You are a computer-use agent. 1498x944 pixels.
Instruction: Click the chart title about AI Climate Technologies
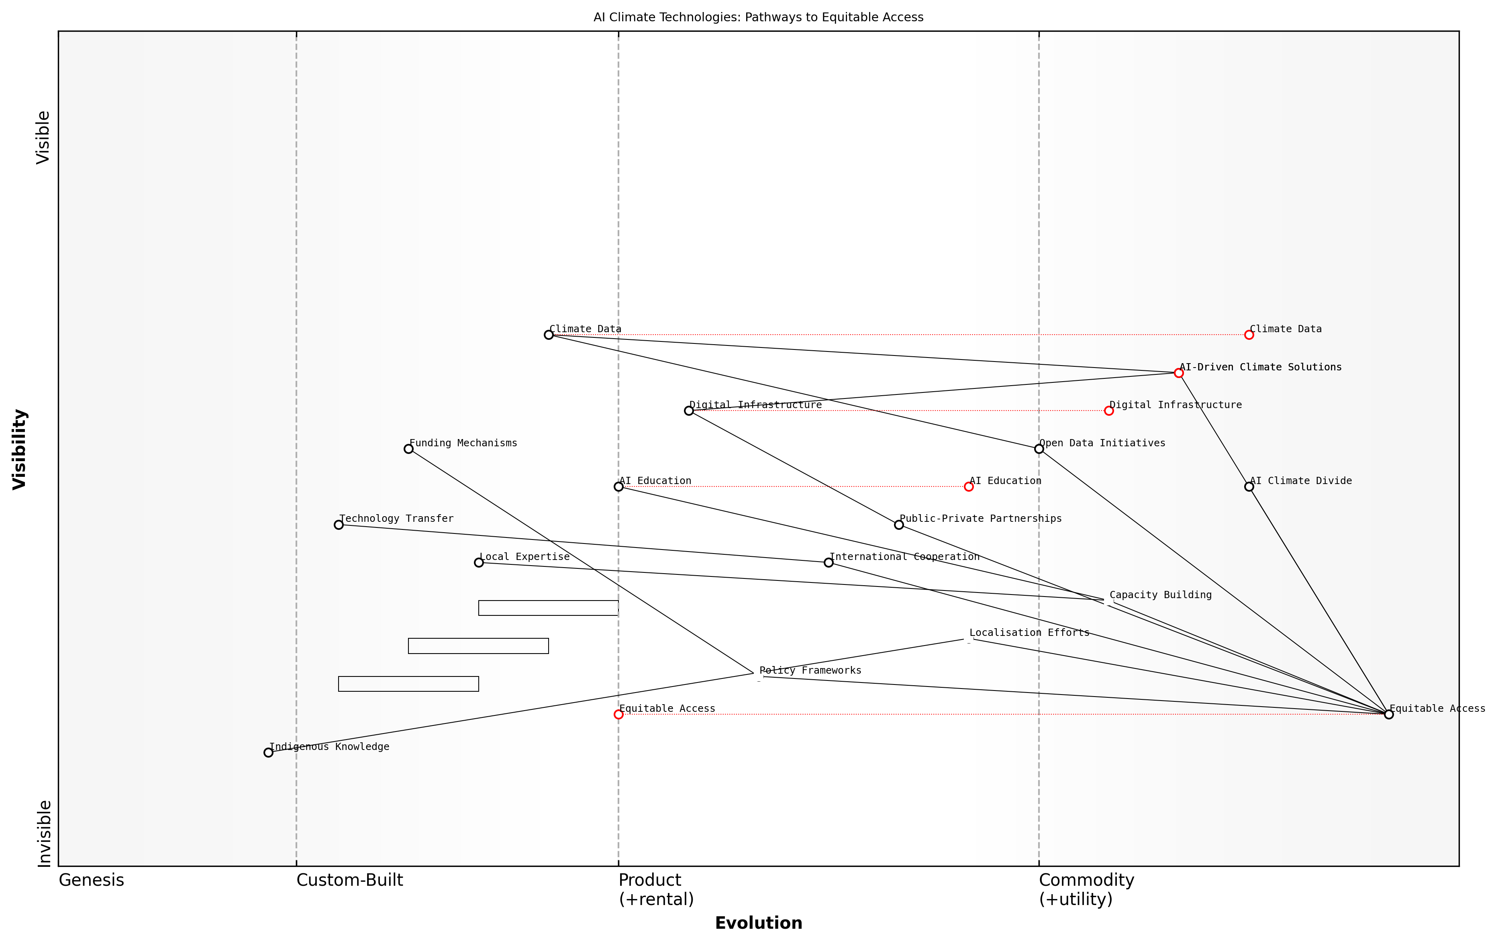[758, 17]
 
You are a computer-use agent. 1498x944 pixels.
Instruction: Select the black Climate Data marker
[548, 335]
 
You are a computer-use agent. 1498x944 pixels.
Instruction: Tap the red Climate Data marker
[1249, 335]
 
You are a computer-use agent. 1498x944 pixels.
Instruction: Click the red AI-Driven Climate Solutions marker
[1178, 373]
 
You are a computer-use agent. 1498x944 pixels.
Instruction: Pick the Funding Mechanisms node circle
[408, 449]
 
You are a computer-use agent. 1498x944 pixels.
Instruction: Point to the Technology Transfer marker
[339, 525]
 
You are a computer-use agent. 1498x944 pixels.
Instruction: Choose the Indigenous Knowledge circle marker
[268, 752]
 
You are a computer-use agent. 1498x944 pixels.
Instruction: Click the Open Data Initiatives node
[1038, 449]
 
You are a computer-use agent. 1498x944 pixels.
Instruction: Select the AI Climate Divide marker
[1249, 486]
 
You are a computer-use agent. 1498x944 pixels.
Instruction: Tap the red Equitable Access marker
[618, 714]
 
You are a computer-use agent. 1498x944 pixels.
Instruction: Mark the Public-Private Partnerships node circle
[898, 525]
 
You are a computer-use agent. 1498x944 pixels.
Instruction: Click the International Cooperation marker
[828, 562]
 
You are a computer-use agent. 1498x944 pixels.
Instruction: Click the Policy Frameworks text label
[810, 670]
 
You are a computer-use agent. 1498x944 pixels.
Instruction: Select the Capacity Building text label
[1160, 595]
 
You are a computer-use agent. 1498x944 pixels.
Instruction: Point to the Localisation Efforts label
[1029, 633]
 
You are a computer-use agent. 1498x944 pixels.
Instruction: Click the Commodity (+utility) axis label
[1086, 889]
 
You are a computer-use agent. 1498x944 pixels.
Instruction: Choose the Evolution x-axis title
[758, 923]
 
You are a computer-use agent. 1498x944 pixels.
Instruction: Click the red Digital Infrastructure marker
[1108, 411]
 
